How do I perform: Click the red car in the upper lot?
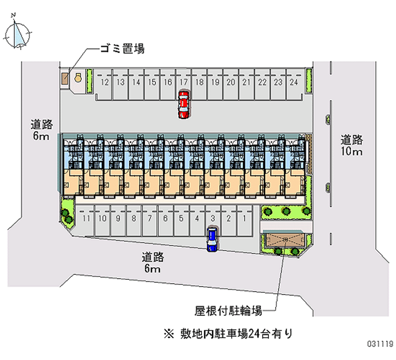click(184, 104)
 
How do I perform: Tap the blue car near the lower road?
click(212, 239)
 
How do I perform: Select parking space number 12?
click(104, 83)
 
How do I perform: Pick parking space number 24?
click(294, 83)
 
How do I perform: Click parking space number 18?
click(199, 83)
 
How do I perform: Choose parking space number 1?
click(244, 218)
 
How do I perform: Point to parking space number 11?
click(87, 218)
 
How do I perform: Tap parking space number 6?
click(165, 218)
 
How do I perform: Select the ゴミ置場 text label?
click(122, 49)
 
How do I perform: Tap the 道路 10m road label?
click(351, 145)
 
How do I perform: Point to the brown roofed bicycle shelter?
click(286, 240)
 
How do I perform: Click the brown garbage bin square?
click(65, 79)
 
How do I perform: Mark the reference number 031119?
click(377, 343)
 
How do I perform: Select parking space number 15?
click(152, 83)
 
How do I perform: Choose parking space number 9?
click(118, 218)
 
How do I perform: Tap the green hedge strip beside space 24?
click(308, 80)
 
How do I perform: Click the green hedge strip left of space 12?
click(90, 80)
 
